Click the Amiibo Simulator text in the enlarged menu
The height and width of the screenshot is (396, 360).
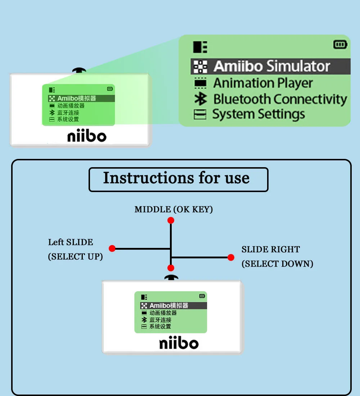(x=272, y=66)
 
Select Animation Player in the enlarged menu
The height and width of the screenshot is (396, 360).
(x=263, y=83)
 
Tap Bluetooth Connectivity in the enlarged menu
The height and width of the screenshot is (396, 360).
(x=280, y=99)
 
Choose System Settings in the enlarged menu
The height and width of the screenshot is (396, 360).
(x=258, y=114)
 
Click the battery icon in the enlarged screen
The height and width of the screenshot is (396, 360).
(x=340, y=45)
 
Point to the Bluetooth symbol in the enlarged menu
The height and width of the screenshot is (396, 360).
(x=201, y=99)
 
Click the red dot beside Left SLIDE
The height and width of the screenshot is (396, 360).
(x=112, y=249)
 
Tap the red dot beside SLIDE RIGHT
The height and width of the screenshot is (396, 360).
(x=231, y=257)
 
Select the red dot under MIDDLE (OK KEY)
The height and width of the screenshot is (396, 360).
(x=171, y=221)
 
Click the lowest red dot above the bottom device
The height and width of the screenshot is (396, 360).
(x=171, y=268)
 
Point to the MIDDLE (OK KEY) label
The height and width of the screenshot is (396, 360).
(x=174, y=209)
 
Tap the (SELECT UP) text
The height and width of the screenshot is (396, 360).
(x=76, y=257)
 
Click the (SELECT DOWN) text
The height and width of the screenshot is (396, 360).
(x=277, y=264)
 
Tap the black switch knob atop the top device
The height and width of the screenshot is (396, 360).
(x=79, y=70)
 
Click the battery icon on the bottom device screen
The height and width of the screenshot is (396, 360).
(x=202, y=296)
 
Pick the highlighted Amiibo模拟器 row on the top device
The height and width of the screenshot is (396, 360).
(x=81, y=98)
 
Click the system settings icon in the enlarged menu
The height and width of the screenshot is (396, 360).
(x=200, y=115)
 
